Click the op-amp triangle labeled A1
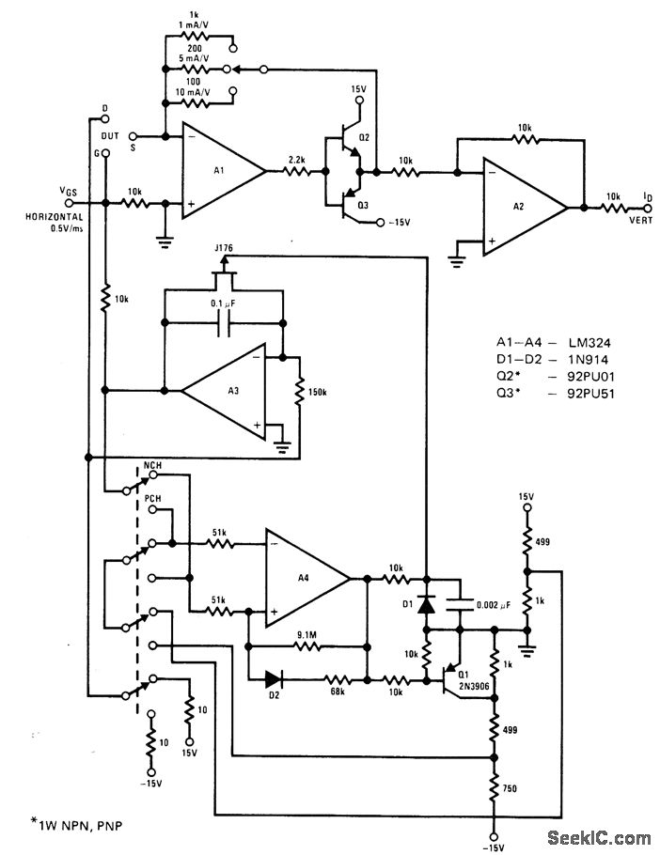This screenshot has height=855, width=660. click(x=221, y=171)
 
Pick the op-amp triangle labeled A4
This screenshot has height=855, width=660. click(x=304, y=577)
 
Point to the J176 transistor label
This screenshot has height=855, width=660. click(x=224, y=247)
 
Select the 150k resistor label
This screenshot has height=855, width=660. click(x=318, y=392)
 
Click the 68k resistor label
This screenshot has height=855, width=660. click(x=337, y=692)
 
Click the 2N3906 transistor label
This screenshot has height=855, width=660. click(x=473, y=687)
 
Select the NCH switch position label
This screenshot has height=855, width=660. click(x=154, y=466)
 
